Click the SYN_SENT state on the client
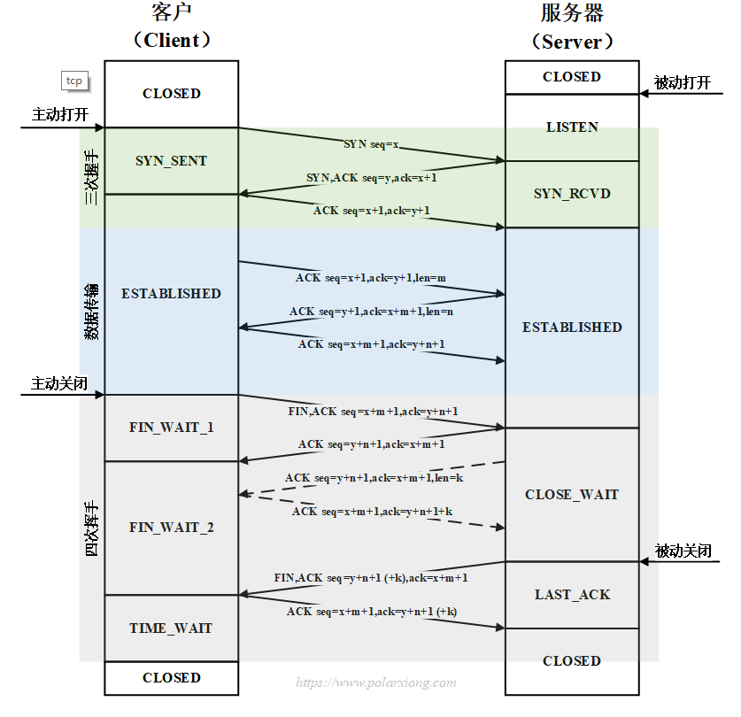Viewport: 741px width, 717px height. pos(171,161)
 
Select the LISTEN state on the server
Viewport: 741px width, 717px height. pos(572,127)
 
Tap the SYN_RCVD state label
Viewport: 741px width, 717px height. pos(572,194)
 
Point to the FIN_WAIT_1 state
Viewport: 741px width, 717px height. pos(171,428)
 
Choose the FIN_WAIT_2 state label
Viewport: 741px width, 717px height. pos(171,528)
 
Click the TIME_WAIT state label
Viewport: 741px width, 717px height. pos(171,628)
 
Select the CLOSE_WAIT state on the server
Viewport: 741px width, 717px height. pos(572,495)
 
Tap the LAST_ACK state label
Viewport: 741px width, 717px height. pos(572,595)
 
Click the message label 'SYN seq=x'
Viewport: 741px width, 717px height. pos(372,143)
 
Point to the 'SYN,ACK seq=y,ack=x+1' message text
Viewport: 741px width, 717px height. pos(372,178)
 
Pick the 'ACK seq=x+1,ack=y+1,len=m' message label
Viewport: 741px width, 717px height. pos(371,278)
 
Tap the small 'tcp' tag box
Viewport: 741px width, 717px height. pos(74,81)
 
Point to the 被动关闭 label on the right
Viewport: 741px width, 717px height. pos(683,551)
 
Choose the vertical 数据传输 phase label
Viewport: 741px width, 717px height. pos(92,312)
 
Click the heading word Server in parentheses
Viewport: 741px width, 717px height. pos(572,42)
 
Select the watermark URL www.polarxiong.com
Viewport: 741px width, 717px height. pos(376,682)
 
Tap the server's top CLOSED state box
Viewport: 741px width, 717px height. pos(572,77)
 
